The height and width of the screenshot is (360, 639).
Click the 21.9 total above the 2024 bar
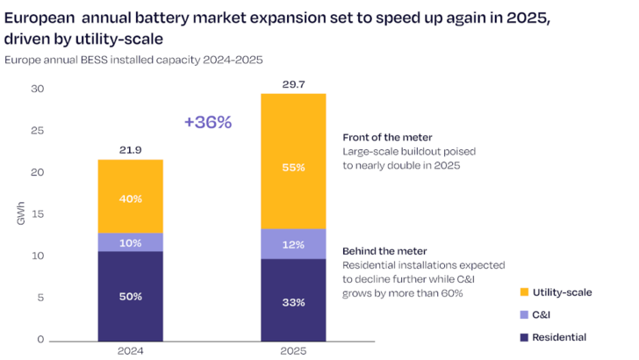(130, 151)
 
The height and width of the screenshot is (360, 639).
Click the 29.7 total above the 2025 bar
(293, 83)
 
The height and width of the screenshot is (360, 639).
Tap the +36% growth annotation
(208, 123)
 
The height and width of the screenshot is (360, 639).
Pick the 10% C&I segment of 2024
(130, 242)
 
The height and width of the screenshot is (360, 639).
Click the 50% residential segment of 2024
(130, 296)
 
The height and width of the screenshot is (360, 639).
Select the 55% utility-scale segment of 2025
(293, 166)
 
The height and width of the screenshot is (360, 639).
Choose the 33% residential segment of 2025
(293, 301)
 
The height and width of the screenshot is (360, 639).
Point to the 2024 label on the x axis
(130, 350)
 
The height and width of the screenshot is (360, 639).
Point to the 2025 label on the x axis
(293, 350)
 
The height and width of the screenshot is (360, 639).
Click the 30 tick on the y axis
(36, 90)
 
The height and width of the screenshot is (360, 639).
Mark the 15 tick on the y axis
(36, 214)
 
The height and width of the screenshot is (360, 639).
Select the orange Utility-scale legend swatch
(524, 292)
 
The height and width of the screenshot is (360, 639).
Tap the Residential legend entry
(558, 337)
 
